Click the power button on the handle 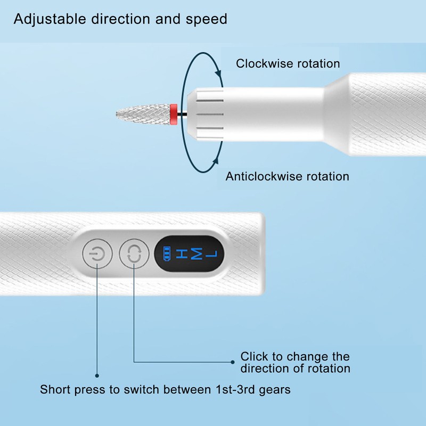(97, 254)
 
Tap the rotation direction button (134, 254)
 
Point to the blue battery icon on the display (167, 253)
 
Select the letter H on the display (182, 253)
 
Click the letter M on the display (196, 253)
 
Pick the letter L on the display (211, 254)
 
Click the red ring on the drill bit (174, 114)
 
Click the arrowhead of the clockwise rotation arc (218, 73)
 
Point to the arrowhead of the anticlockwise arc (216, 160)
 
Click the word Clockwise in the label (265, 63)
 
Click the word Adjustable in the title (50, 20)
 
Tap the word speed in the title (207, 20)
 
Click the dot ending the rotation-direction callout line (233, 362)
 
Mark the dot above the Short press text (97, 376)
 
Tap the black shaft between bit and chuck (182, 114)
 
